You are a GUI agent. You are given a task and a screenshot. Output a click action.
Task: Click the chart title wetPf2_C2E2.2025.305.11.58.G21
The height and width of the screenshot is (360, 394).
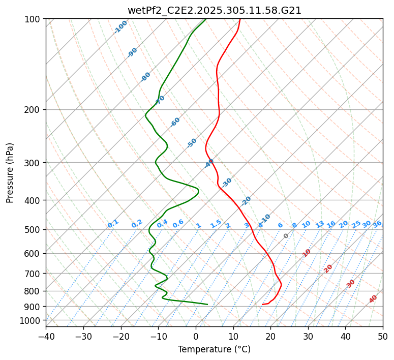(214, 10)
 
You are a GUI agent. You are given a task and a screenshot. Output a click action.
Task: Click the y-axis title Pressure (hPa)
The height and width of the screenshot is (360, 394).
(10, 173)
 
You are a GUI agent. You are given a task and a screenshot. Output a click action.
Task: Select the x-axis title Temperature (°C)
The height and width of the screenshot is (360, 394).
(214, 350)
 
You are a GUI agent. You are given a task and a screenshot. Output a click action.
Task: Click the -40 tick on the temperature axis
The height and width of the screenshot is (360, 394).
(46, 336)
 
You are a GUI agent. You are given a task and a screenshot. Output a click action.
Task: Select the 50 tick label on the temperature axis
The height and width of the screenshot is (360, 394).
(383, 336)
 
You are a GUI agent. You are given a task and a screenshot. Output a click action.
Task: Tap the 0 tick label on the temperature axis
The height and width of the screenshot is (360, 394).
(196, 336)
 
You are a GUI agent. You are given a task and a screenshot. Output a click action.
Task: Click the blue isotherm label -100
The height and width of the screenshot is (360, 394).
(121, 26)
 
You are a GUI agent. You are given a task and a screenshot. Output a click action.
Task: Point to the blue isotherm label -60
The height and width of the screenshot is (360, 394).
(175, 122)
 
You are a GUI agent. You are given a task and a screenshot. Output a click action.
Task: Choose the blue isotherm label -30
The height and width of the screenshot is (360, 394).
(227, 182)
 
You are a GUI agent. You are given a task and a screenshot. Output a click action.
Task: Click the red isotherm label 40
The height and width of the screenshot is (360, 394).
(373, 299)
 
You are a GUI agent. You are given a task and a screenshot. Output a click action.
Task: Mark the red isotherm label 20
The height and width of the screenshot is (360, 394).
(328, 268)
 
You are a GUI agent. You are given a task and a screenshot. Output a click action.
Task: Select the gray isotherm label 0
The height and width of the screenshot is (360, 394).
(286, 236)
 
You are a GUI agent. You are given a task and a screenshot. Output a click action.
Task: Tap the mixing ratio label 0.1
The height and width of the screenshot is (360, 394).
(113, 223)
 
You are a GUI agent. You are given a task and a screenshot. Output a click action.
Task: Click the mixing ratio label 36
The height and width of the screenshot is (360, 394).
(377, 224)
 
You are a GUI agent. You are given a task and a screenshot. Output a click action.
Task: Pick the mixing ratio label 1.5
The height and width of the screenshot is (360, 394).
(216, 223)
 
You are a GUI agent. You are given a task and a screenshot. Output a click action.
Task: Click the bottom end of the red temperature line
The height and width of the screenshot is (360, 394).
(262, 305)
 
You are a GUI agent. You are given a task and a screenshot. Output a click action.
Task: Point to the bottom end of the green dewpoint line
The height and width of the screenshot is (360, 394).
(207, 304)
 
